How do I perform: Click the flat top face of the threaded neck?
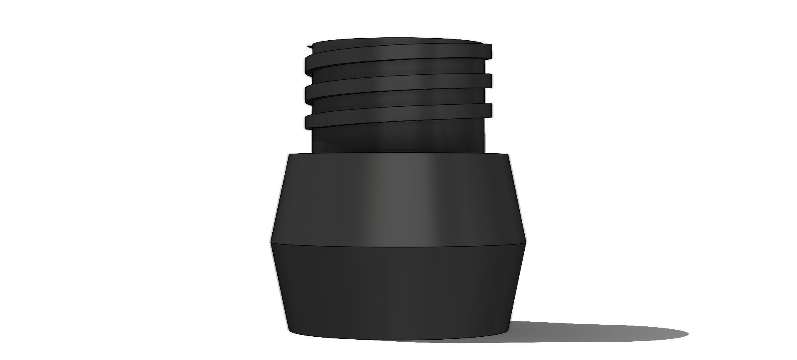tap(396, 42)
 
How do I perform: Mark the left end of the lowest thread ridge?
tap(308, 121)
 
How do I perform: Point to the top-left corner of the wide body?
tap(288, 154)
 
